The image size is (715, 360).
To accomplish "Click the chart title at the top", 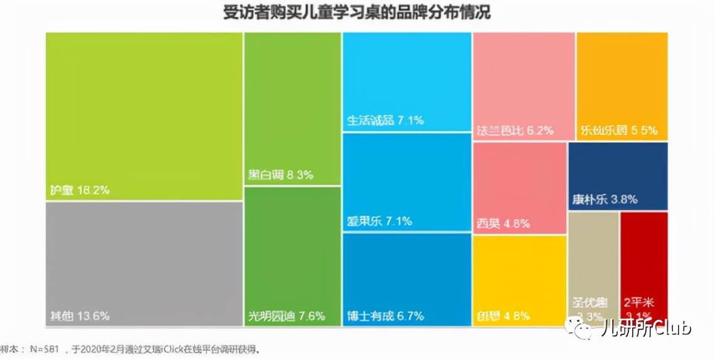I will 357,13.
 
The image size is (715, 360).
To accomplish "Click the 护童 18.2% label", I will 80,190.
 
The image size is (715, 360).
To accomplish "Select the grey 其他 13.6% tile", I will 144,263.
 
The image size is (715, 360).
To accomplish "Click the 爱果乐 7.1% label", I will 379,221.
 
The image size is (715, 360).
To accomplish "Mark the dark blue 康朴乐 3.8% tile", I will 618,176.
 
